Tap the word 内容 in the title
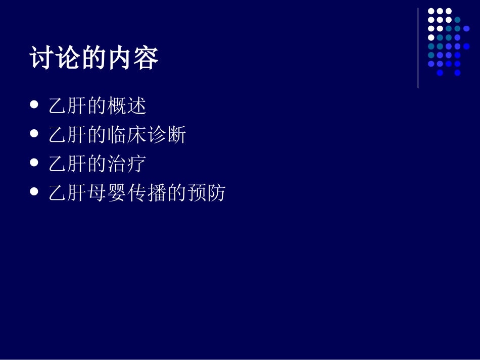[133, 59]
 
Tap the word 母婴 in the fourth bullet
[107, 193]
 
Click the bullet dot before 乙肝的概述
[34, 105]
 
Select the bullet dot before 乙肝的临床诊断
[34, 134]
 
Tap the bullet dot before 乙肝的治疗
[34, 163]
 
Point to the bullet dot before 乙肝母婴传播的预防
[34, 191]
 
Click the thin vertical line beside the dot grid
[418, 48]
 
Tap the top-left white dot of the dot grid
[431, 11]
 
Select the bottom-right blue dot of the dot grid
[457, 73]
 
